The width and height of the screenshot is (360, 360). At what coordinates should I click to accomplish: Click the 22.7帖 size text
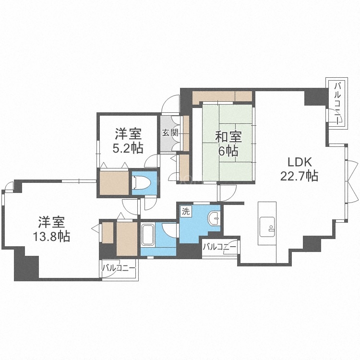click(299, 176)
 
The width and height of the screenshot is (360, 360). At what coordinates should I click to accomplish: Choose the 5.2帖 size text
click(127, 148)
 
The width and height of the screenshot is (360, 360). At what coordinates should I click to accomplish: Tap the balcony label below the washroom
click(219, 248)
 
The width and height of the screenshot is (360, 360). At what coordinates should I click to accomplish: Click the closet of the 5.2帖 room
click(114, 181)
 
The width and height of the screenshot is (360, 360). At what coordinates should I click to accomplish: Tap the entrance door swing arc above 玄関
click(169, 104)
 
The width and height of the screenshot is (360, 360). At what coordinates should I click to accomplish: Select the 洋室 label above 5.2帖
click(127, 134)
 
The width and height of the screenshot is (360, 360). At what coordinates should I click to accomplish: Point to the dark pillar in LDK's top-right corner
click(313, 97)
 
